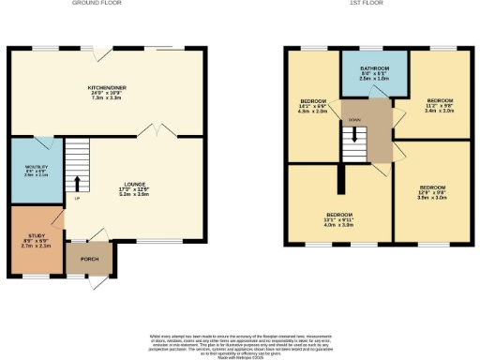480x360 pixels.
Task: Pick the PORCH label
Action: (89, 259)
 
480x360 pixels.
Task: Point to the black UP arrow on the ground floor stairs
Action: (77, 182)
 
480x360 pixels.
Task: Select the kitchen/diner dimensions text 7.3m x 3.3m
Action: (107, 97)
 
